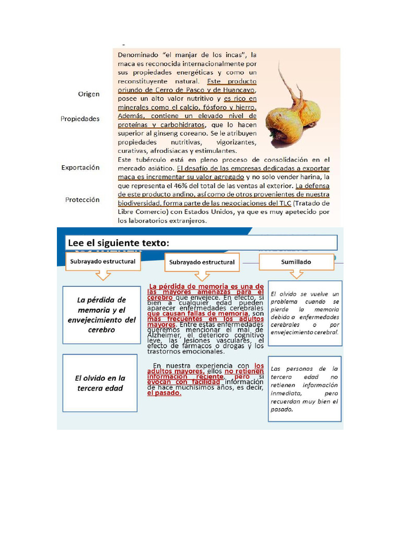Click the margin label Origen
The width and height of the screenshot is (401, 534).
pos(88,94)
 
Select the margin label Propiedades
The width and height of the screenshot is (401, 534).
pos(80,118)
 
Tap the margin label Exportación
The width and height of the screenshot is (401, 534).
pos(80,167)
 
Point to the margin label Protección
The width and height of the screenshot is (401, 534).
pos(82,200)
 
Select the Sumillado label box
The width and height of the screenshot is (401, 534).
pos(296,261)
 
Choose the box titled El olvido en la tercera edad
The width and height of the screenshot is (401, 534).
pos(100,383)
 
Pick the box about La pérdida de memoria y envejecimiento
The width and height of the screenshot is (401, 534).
pos(101,315)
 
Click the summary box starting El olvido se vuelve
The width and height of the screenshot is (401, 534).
pos(305,313)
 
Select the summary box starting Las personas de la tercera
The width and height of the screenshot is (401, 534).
pos(305,389)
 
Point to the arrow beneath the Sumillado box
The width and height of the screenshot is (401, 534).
pos(297,274)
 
